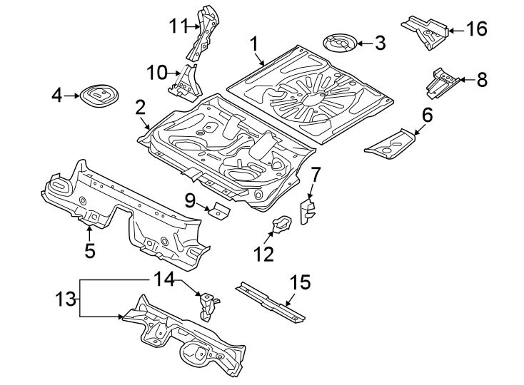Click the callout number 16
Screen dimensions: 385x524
(x=476, y=29)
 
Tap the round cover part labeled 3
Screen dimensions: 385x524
(x=341, y=43)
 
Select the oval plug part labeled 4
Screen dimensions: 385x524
(x=98, y=95)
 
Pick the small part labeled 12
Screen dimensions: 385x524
(x=281, y=225)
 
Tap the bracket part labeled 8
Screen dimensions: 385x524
(x=442, y=83)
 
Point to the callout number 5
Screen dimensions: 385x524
(x=90, y=250)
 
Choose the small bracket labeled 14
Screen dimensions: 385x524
(x=208, y=304)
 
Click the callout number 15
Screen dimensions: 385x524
(x=300, y=282)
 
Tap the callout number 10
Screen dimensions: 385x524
(x=156, y=72)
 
